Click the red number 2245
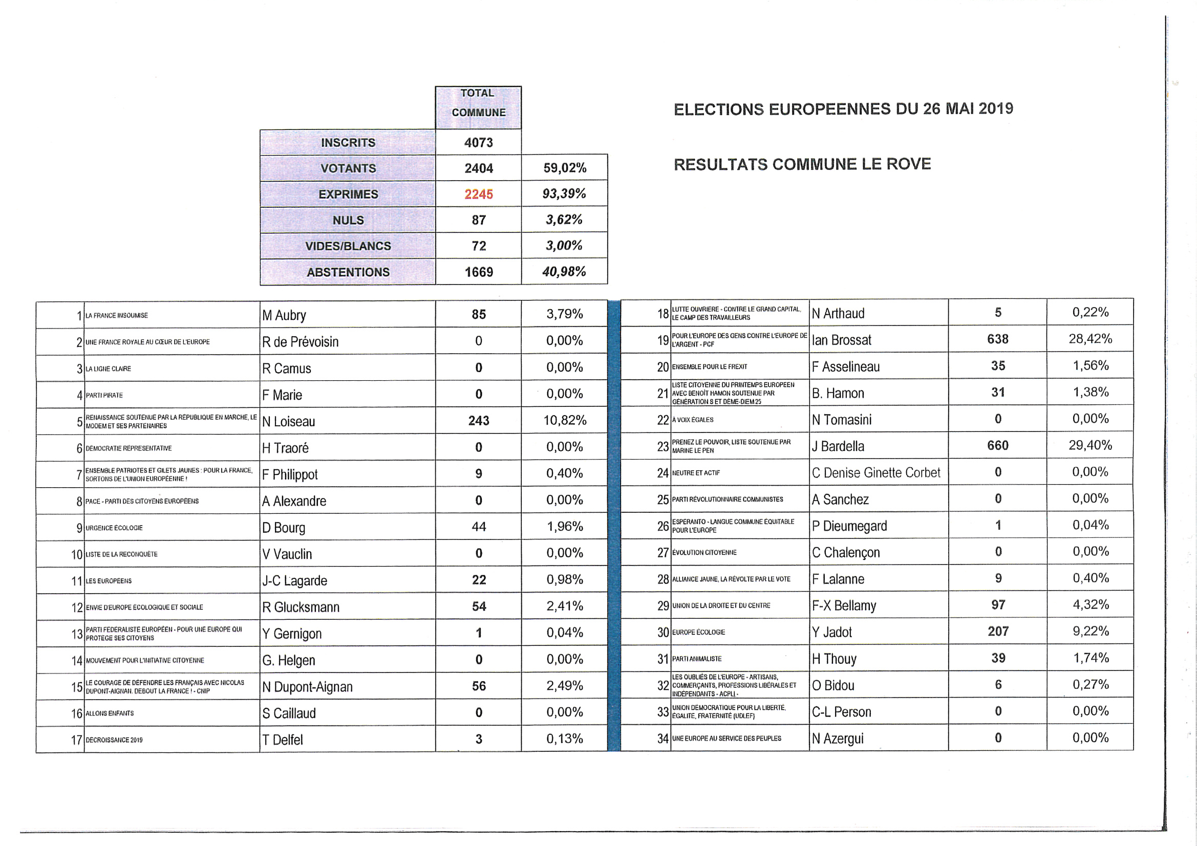coord(479,194)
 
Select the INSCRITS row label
coord(348,143)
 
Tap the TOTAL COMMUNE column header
coord(478,103)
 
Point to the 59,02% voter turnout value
coord(565,168)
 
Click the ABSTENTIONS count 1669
coord(479,272)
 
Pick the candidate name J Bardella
coord(838,447)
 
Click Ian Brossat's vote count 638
coord(997,339)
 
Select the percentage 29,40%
coord(1090,445)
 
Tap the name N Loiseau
coord(288,422)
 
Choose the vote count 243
coord(479,421)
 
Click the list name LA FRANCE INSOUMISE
coord(117,316)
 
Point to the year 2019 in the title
coord(995,109)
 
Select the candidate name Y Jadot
coord(831,632)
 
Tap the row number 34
coord(662,739)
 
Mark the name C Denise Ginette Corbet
coord(876,473)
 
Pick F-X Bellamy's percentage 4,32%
coord(1090,604)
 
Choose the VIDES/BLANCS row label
coord(348,246)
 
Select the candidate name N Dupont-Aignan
coord(307,687)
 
